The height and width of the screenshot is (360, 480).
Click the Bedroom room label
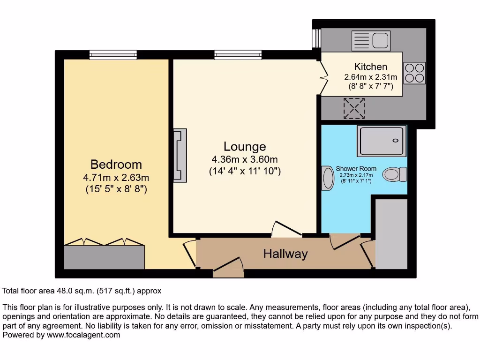116,165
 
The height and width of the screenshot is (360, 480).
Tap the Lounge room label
245,147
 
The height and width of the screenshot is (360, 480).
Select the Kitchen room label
370,67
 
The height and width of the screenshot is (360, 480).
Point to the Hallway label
285,254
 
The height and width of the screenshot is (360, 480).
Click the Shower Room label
356,169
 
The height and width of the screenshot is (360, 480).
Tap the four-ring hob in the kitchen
414,73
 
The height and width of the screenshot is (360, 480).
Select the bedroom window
113,55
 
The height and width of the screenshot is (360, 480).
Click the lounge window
238,55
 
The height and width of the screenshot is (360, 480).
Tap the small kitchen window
316,38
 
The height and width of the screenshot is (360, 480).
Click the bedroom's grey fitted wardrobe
104,257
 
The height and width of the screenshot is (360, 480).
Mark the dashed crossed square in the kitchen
354,108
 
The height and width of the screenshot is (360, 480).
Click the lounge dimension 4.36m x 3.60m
245,159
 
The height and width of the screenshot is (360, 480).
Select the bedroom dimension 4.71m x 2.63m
116,178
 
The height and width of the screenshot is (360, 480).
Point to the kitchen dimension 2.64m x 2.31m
370,77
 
